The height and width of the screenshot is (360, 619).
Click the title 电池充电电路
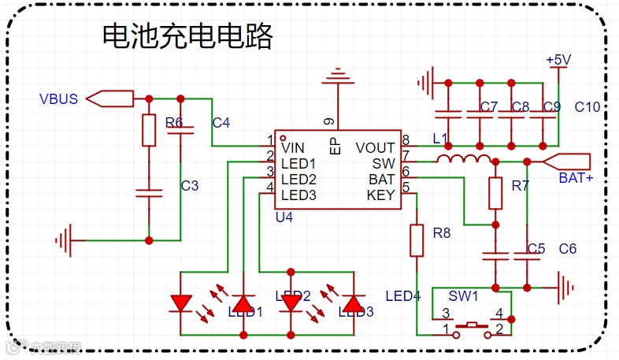pos(187,36)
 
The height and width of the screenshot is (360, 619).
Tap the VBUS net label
pos(58,99)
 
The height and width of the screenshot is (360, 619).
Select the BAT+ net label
pos(576,178)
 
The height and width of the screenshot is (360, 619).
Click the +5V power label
pos(558,60)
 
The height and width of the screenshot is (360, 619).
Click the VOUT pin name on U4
pos(375,147)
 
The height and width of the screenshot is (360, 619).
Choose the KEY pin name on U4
pos(381,195)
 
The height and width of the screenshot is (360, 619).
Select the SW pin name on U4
pos(384,163)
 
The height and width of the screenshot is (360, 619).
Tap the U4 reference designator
pos(284,217)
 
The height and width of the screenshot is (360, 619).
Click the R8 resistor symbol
pos(417,239)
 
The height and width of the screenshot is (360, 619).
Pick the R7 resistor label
pos(521,186)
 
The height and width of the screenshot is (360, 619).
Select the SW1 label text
pos(464,296)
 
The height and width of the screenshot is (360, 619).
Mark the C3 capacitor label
pos(190,186)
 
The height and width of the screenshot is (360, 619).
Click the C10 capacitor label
pos(587,106)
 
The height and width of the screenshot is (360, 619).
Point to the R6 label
pos(174,123)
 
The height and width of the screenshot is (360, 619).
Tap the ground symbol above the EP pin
pos(338,76)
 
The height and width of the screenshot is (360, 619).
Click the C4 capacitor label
pos(221,123)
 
